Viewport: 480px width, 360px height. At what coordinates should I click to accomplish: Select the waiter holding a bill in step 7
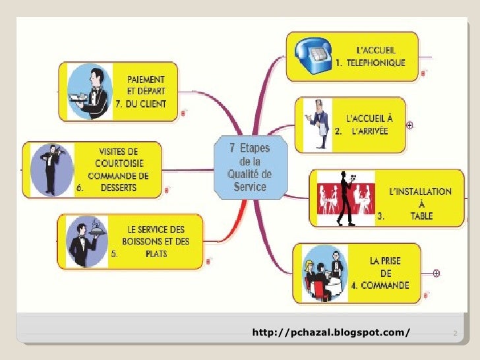pos(91,92)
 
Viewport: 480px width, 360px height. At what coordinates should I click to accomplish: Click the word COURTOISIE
pos(120,164)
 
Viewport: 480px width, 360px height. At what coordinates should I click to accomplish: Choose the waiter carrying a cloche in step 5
pos(86,241)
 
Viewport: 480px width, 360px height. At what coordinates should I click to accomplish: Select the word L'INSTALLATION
pos(420,191)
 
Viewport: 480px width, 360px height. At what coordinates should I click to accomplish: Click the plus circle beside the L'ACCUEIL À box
pos(410,125)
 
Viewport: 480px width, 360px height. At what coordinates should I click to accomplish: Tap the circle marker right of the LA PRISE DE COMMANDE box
pos(437,272)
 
